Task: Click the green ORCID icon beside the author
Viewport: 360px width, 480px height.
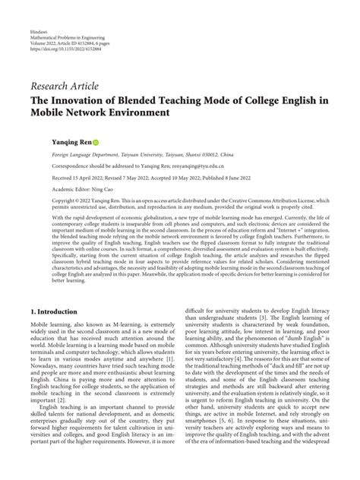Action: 96,142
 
